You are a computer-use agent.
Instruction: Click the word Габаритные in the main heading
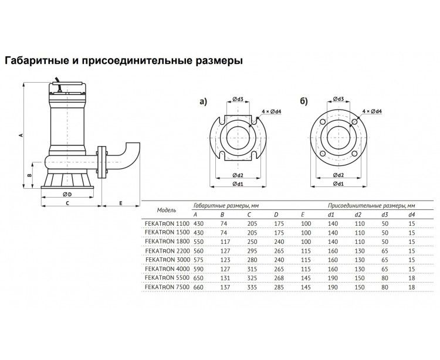[x=35, y=60]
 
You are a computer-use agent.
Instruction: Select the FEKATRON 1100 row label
[x=167, y=224]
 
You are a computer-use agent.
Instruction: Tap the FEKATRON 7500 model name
[x=167, y=287]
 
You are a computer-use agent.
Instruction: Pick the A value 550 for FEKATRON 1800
[x=198, y=242]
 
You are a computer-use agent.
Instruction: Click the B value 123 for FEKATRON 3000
[x=225, y=260]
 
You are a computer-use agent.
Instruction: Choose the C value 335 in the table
[x=252, y=287]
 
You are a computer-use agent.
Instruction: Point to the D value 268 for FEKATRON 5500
[x=279, y=278]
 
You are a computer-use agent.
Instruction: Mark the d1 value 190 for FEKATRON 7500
[x=333, y=287]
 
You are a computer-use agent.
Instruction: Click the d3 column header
[x=384, y=215]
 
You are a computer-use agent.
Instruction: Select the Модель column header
[x=167, y=210]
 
